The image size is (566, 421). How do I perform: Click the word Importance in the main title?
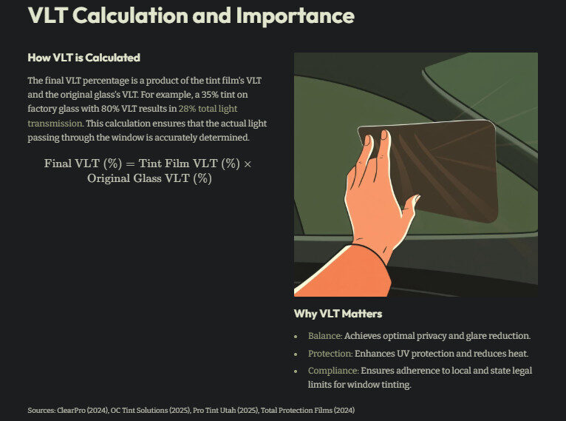(x=295, y=16)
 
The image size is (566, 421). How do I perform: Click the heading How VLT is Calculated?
(x=83, y=58)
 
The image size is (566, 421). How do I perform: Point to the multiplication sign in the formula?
(x=248, y=164)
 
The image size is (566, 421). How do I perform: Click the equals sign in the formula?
(x=130, y=164)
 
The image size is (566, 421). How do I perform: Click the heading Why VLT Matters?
(x=338, y=314)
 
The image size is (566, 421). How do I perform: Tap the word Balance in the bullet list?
(x=324, y=336)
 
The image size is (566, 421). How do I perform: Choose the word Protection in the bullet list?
(x=330, y=354)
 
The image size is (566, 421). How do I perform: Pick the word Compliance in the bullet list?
(x=333, y=371)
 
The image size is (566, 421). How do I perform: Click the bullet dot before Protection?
(x=296, y=354)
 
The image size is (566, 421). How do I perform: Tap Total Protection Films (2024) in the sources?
(x=308, y=410)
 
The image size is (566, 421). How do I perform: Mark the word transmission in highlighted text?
(x=55, y=124)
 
